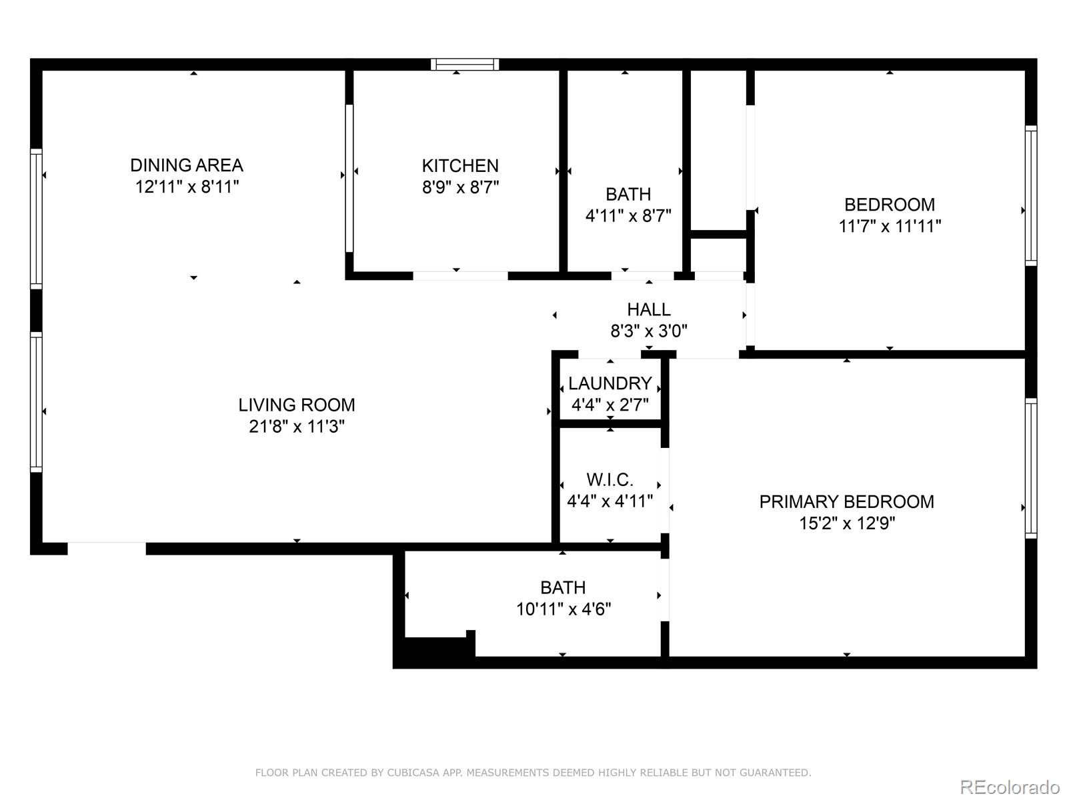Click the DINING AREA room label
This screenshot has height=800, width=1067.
pos(187,165)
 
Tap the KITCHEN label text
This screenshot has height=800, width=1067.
pos(460,165)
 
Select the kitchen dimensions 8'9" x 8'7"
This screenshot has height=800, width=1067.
pos(460,187)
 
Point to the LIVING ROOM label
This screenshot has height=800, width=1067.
pos(297,405)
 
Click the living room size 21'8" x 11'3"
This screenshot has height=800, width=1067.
pos(297,427)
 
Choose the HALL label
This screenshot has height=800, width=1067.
pos(648,309)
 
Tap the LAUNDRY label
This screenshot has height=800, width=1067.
pos(610,383)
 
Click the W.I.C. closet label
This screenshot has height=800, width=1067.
pos(610,479)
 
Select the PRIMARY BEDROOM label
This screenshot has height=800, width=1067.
pos(847,501)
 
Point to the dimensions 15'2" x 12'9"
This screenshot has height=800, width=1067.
pos(847,523)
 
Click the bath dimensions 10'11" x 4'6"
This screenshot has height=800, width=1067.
pos(564,609)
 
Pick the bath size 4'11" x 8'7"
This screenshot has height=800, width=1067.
pos(628,215)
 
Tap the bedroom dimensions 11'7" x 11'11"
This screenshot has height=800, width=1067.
pos(890,226)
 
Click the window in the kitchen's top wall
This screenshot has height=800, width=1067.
pos(465,64)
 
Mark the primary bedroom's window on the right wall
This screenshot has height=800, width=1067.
pos(1031,468)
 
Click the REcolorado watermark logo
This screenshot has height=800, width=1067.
pos(1010,787)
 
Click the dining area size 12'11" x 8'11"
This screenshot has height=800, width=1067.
pos(187,187)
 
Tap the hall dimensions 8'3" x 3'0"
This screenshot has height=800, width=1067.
pos(649,331)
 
